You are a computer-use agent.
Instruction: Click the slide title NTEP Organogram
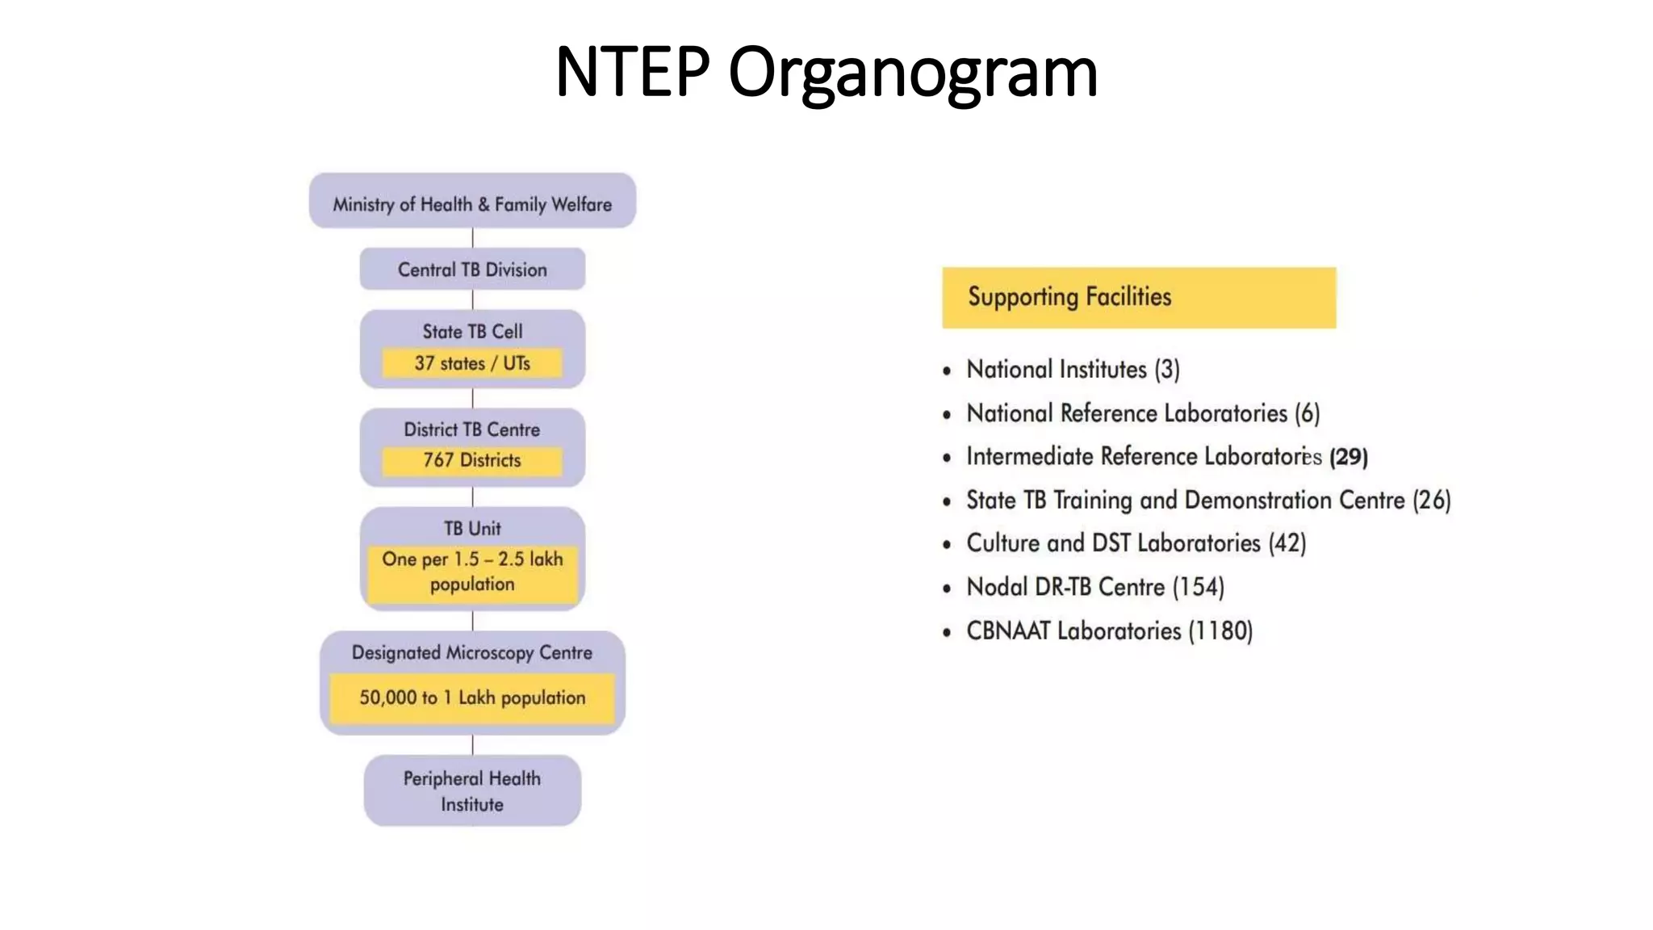point(826,73)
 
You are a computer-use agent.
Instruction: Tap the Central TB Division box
point(472,270)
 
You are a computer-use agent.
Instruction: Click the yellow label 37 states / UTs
point(472,363)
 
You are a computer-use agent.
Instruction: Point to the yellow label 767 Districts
point(472,460)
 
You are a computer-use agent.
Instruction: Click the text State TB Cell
point(472,332)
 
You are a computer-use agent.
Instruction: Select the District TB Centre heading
point(472,429)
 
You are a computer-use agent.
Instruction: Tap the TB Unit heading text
point(472,529)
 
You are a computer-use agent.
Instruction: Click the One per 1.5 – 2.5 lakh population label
point(472,572)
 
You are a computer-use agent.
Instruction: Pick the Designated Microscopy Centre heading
point(472,652)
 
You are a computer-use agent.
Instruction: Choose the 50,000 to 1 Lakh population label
point(472,697)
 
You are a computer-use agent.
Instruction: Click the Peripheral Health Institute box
point(472,791)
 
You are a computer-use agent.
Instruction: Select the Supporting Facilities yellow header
point(1138,297)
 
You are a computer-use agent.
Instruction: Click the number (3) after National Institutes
point(1167,370)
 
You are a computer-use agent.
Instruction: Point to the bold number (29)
point(1348,457)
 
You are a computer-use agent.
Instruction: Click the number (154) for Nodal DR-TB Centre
point(1199,587)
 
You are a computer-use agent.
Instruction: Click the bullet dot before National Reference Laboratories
point(947,415)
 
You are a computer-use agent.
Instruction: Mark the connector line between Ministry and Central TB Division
point(472,238)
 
